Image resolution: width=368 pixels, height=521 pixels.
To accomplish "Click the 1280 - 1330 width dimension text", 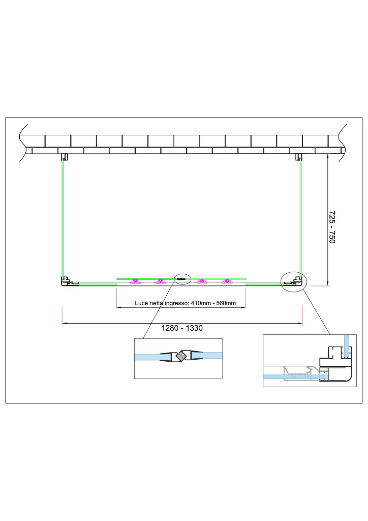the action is [182, 328].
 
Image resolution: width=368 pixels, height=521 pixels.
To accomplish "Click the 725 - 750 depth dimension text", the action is [332, 227].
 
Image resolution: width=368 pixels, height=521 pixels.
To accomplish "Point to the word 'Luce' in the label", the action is [141, 303].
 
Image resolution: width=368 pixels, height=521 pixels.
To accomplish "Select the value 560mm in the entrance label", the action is [226, 303].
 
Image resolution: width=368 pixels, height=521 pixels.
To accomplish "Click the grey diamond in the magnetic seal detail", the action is [181, 357].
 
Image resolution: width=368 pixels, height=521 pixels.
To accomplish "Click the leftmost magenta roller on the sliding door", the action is [135, 282].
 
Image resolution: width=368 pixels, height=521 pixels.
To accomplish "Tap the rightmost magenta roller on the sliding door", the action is [227, 282].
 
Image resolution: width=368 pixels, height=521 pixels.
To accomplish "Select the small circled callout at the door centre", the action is [182, 279].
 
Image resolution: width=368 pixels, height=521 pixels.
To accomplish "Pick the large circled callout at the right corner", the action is [294, 281].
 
